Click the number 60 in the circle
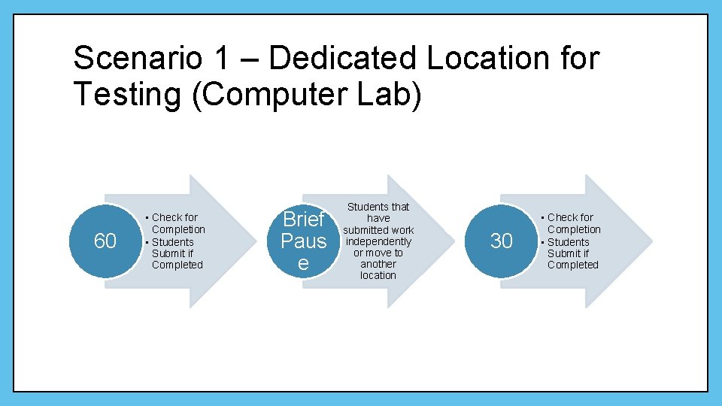[x=105, y=241]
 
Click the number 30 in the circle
[x=501, y=241]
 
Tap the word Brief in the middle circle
[x=303, y=220]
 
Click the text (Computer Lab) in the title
[x=307, y=95]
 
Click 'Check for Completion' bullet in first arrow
[x=177, y=223]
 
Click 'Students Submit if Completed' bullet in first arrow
[x=176, y=253]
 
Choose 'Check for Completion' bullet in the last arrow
[x=572, y=223]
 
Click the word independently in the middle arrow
[x=378, y=241]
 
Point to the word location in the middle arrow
[x=378, y=275]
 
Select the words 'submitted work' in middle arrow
[x=378, y=230]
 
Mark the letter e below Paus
[x=303, y=263]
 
